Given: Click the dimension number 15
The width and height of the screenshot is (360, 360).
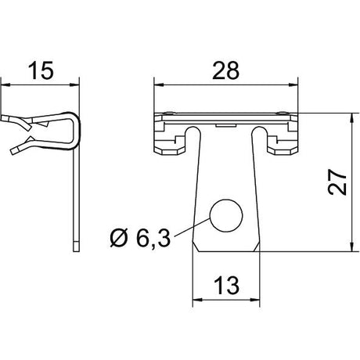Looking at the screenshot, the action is [x=41, y=70].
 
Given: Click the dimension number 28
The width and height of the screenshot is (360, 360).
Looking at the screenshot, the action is [x=225, y=70].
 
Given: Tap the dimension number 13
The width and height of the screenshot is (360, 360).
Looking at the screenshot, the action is [x=226, y=285].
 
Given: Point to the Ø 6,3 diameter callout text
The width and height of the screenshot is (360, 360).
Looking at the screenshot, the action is [x=140, y=237].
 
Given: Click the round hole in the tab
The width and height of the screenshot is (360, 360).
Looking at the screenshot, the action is [x=226, y=216].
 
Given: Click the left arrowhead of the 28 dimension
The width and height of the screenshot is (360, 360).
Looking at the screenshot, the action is [x=159, y=85].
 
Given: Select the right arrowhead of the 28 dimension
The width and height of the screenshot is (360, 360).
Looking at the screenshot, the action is [x=293, y=85].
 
